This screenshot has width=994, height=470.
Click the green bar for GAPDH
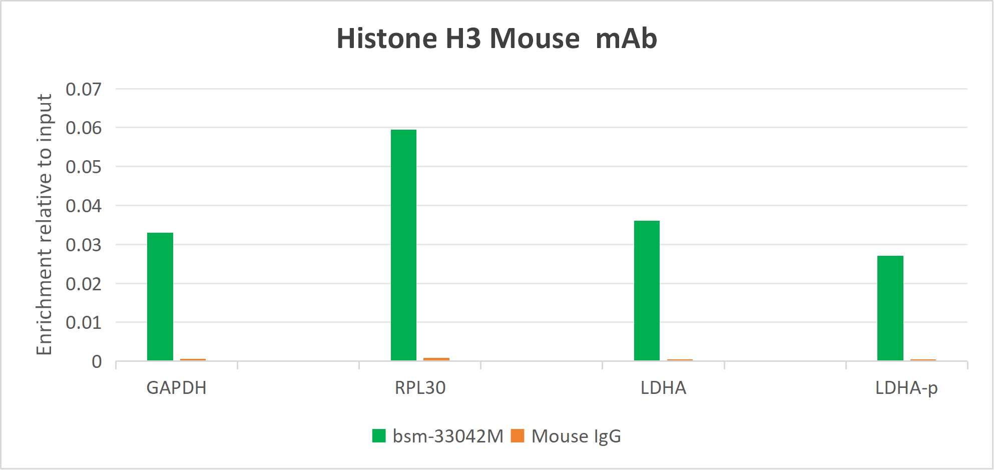pyautogui.click(x=160, y=296)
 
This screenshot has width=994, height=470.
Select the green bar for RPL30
pyautogui.click(x=403, y=245)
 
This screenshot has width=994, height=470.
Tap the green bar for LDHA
pyautogui.click(x=647, y=290)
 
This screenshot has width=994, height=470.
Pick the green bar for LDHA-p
pyautogui.click(x=890, y=308)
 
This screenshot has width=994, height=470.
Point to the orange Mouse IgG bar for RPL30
pyautogui.click(x=436, y=359)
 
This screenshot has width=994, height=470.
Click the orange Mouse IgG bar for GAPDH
pyautogui.click(x=193, y=359)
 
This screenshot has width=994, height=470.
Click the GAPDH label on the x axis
pyautogui.click(x=176, y=388)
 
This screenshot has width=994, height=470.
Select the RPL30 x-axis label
pyautogui.click(x=420, y=388)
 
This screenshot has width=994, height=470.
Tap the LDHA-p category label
pyautogui.click(x=906, y=388)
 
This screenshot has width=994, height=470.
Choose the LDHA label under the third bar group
pyautogui.click(x=663, y=388)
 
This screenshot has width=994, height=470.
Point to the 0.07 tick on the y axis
pyautogui.click(x=84, y=90)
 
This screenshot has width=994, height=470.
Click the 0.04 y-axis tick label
pyautogui.click(x=84, y=206)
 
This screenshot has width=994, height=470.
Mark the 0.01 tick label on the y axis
pyautogui.click(x=84, y=323)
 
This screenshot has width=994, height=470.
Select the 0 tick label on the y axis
pyautogui.click(x=97, y=362)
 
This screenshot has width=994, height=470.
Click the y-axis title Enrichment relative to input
pyautogui.click(x=45, y=224)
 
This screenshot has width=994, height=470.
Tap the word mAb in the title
pyautogui.click(x=626, y=39)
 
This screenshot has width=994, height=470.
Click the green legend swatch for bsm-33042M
pyautogui.click(x=379, y=436)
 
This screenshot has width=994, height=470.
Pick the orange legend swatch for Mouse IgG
pyautogui.click(x=518, y=436)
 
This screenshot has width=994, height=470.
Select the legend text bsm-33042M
pyautogui.click(x=448, y=436)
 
